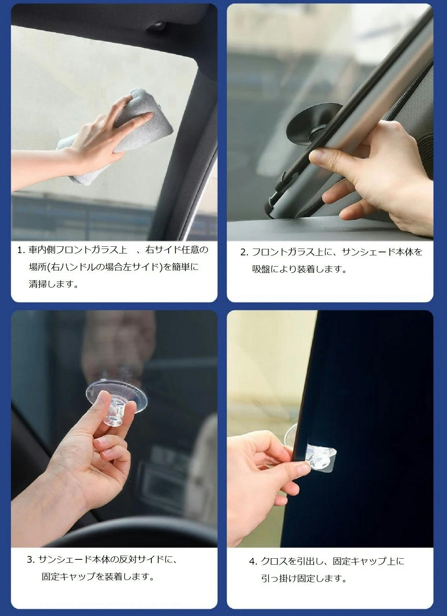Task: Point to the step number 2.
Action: click(x=244, y=252)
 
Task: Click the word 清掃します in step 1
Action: click(x=53, y=284)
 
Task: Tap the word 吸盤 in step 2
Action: click(x=261, y=269)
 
